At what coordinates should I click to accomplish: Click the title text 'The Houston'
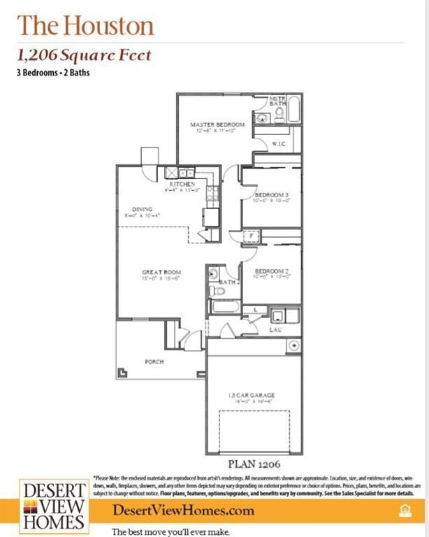[85, 26]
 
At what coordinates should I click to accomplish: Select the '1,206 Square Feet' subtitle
[85, 55]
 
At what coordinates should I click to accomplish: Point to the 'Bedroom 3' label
[271, 194]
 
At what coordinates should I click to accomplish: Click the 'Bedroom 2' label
[271, 271]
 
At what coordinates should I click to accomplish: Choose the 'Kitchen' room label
[182, 185]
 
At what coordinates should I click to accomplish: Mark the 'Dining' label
[142, 208]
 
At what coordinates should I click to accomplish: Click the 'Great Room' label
[161, 272]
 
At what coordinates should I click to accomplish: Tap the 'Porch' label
[154, 361]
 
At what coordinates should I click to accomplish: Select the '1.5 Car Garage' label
[251, 395]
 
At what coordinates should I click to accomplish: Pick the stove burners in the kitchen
[209, 215]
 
